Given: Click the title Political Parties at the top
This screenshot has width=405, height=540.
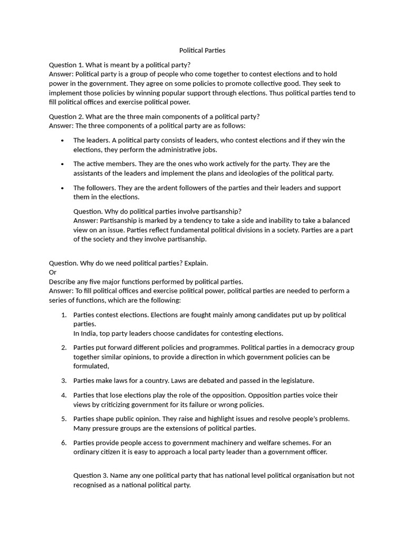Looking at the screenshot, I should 202,51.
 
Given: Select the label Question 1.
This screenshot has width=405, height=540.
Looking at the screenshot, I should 66,64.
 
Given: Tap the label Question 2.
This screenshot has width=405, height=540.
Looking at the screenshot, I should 66,117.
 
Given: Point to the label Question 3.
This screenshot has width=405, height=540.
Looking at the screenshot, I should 91,476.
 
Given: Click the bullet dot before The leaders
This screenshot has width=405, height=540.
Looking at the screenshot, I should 62,141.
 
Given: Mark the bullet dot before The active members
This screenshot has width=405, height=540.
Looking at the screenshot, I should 62,165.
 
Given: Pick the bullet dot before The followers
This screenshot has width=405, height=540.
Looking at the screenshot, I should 62,188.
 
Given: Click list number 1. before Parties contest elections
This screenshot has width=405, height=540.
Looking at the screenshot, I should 63,315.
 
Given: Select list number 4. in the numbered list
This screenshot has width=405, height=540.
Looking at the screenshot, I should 63,396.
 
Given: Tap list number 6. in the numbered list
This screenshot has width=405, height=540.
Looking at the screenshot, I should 63,443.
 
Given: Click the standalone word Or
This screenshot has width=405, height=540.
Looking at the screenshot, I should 53,272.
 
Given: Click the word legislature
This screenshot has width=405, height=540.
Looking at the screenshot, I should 296,381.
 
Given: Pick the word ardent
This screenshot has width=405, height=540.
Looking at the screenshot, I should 167,188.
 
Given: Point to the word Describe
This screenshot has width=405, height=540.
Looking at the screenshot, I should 63,282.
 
